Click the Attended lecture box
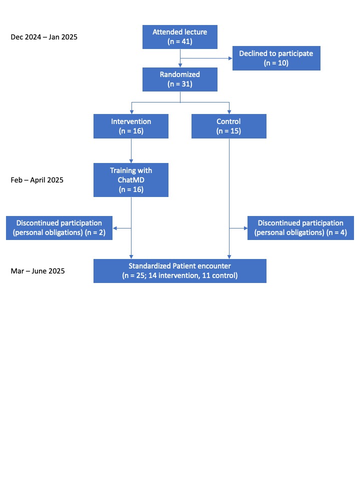[x=180, y=37]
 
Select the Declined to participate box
[x=276, y=58]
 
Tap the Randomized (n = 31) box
[x=180, y=79]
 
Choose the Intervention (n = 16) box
[x=131, y=126]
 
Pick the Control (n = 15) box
[x=229, y=126]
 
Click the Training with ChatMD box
[x=131, y=180]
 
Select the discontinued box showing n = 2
[x=59, y=228]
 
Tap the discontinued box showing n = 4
[x=300, y=228]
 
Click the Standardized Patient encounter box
[x=180, y=271]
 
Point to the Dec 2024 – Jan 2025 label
[x=44, y=37]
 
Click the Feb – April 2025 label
[x=37, y=180]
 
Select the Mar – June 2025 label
[x=37, y=271]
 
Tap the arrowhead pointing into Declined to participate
[x=230, y=58]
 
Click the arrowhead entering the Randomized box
[x=180, y=65]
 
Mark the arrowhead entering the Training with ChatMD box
[x=131, y=161]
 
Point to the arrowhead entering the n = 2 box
[x=115, y=228]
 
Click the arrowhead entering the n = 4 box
[x=245, y=228]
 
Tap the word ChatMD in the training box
[x=131, y=180]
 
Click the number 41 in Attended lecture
[x=186, y=41]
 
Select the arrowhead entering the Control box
[x=229, y=112]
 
